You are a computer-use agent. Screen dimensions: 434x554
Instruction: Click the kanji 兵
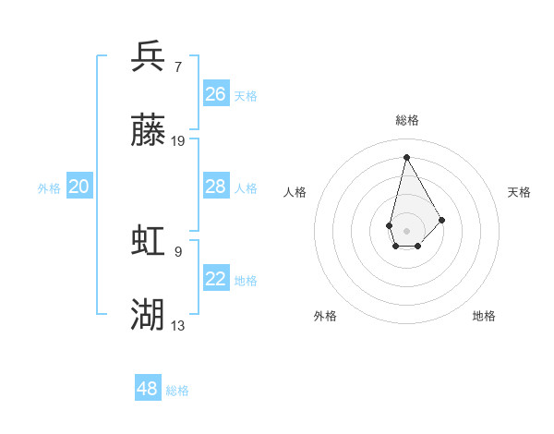(148, 56)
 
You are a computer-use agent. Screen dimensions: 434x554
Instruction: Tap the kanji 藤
(148, 132)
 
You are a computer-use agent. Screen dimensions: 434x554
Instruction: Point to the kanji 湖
(148, 315)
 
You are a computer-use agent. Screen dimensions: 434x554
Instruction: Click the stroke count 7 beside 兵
(178, 66)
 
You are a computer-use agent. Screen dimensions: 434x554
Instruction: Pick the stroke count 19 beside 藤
(178, 141)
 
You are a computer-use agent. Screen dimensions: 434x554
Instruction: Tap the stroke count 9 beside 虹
(178, 250)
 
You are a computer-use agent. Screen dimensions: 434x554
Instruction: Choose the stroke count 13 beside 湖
(178, 325)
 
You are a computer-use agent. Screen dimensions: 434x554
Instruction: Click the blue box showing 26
(216, 94)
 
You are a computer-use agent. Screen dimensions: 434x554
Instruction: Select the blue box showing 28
(216, 187)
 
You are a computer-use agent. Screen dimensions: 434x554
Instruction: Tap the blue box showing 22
(216, 279)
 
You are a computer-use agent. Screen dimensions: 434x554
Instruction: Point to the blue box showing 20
(79, 187)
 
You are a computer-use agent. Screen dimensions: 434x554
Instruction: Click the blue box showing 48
(148, 389)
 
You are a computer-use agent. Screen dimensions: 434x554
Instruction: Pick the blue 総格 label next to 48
(177, 391)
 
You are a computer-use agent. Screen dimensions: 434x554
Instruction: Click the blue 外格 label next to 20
(49, 188)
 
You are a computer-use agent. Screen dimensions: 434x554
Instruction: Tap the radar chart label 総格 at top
(406, 120)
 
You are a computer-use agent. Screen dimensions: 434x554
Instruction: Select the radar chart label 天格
(519, 192)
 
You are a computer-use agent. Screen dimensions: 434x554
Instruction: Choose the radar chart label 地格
(484, 316)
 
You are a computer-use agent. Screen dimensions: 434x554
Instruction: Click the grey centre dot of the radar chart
(406, 230)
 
